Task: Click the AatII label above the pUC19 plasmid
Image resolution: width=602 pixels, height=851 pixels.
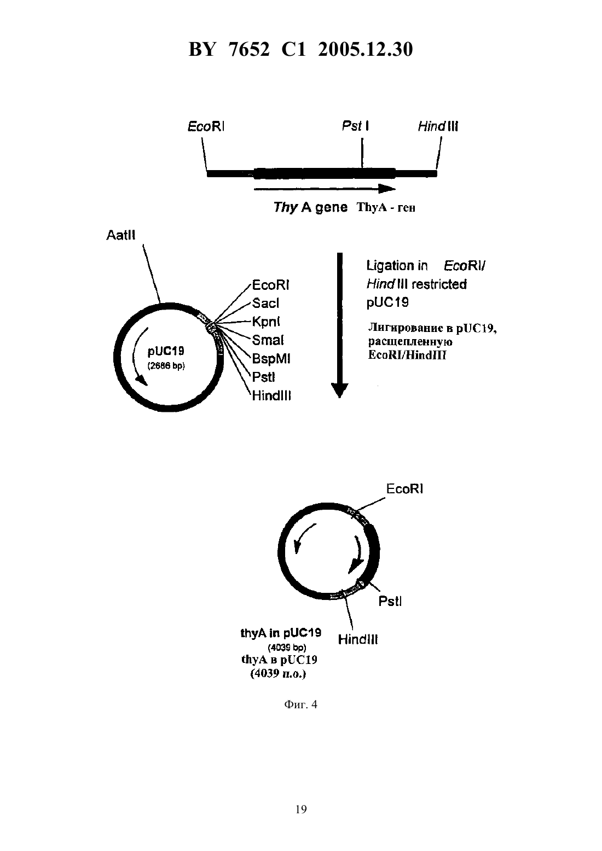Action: [x=120, y=235]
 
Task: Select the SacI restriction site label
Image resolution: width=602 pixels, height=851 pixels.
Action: [x=265, y=303]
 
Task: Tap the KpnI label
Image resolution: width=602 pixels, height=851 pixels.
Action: [x=266, y=322]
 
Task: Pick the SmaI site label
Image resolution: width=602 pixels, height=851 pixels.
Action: [x=268, y=340]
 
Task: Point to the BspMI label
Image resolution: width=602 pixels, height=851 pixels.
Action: [x=271, y=359]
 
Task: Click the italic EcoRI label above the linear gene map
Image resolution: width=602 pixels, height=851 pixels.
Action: [x=206, y=126]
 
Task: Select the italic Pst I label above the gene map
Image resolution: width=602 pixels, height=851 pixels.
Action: [x=355, y=126]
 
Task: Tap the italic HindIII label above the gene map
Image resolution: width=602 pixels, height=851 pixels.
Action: [x=438, y=126]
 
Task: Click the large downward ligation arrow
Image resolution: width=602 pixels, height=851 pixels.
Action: [x=340, y=325]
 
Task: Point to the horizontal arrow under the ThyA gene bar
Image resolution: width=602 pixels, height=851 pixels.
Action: [x=325, y=189]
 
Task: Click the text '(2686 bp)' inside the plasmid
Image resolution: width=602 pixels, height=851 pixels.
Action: [x=166, y=366]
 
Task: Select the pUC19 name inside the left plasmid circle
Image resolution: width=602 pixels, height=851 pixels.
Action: [x=166, y=352]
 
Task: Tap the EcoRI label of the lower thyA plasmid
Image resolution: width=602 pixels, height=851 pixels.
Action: [x=404, y=489]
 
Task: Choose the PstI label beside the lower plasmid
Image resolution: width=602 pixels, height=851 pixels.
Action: [x=390, y=602]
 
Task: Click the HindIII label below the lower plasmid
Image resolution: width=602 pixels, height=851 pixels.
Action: [x=358, y=640]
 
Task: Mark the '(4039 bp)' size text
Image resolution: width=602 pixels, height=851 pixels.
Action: [x=287, y=648]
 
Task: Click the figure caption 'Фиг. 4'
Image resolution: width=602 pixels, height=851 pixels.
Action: [x=300, y=705]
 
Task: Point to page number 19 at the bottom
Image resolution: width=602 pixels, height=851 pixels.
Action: [x=301, y=809]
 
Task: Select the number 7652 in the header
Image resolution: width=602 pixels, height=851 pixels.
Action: [x=249, y=49]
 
